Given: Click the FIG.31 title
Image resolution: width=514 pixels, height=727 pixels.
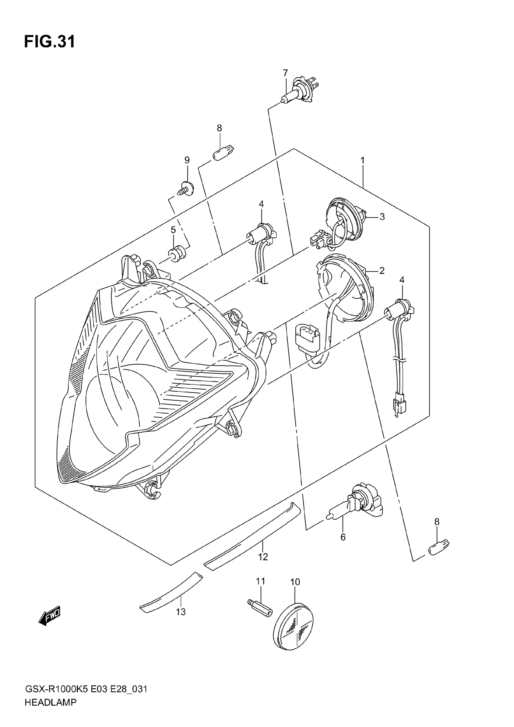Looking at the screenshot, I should [50, 42].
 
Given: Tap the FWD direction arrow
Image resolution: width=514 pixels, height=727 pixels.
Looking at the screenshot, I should [49, 617].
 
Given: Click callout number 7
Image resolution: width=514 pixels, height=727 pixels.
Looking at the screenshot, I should [285, 73].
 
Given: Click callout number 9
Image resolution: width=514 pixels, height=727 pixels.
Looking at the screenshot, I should [187, 160].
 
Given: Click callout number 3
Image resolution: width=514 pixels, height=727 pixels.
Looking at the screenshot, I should [382, 217].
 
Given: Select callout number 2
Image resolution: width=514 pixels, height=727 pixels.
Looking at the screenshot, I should [382, 271].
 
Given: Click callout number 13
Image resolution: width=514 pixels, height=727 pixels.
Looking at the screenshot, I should [181, 612].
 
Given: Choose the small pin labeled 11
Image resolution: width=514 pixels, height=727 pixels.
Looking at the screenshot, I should [260, 608].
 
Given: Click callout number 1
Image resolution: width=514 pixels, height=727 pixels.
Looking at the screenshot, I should [363, 161].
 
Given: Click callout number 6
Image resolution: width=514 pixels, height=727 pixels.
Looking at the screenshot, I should [343, 537].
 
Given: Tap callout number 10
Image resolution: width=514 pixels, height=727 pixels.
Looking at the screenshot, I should [295, 582].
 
